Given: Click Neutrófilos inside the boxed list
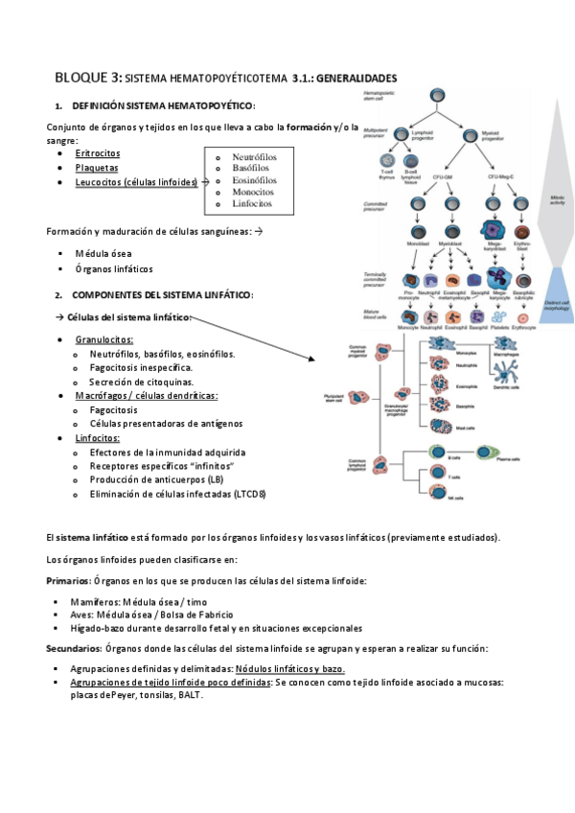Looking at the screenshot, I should pos(255,156).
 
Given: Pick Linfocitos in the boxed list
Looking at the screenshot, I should pos(252,203).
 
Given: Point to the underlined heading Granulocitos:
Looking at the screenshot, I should pos(104,339).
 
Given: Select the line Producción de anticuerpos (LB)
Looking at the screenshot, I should pos(157,479).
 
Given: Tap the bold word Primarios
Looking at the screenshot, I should pos(67,582).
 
